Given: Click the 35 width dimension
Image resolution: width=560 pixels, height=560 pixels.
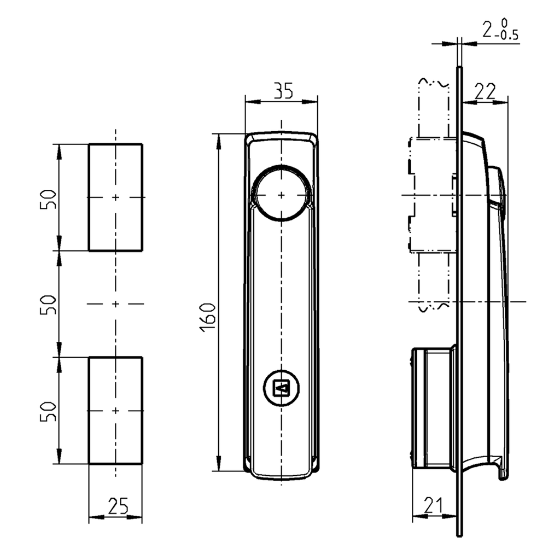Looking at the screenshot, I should [x=283, y=91].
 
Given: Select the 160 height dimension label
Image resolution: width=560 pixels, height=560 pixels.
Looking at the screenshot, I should [x=208, y=316].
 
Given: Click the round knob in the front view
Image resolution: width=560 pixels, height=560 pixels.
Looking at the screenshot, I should [x=281, y=194].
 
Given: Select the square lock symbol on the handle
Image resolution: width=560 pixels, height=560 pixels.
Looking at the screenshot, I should [x=281, y=389].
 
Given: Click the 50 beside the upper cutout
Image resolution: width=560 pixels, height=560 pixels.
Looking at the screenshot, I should [x=49, y=199].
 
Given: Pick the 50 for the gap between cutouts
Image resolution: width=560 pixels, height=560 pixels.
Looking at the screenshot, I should [x=49, y=304].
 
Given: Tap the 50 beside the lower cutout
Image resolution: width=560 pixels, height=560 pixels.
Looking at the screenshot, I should [x=49, y=410].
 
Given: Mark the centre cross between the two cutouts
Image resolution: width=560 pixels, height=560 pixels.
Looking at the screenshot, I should [x=115, y=304].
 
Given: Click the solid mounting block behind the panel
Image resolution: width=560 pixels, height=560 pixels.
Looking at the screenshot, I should [x=432, y=407].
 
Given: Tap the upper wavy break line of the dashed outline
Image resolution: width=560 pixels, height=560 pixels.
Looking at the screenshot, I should [x=434, y=83].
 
